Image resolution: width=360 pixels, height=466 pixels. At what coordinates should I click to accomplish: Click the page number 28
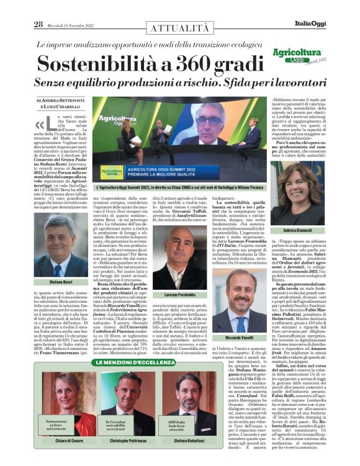38,7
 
